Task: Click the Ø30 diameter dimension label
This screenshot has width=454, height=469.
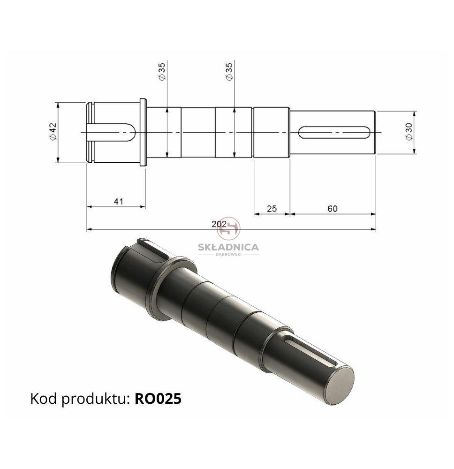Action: click(x=409, y=132)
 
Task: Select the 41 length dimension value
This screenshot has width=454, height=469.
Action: click(x=119, y=201)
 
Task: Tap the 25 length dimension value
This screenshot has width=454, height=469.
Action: click(x=272, y=209)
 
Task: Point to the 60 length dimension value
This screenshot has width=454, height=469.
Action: click(x=332, y=209)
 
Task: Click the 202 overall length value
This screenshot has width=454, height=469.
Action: click(x=219, y=224)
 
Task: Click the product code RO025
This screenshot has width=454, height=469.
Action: click(x=158, y=399)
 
